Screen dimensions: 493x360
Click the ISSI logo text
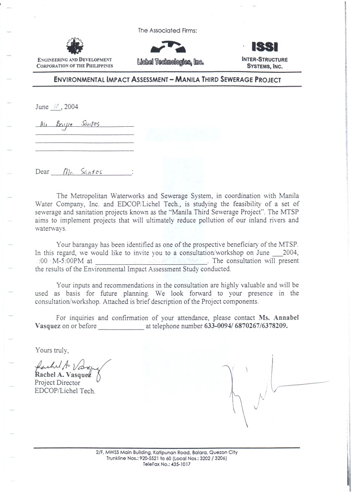coord(264,48)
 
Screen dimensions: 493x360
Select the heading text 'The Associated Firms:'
coord(167,31)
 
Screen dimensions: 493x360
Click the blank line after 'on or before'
coord(121,327)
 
